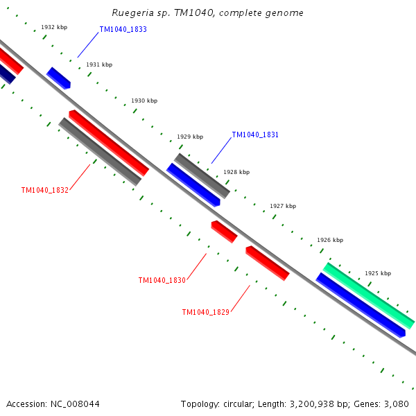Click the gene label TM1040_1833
coord(123,30)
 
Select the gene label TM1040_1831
coord(255,135)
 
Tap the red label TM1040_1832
coord(45,190)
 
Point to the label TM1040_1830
coord(162,280)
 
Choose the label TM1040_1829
coord(206,312)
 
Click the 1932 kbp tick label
coord(54,27)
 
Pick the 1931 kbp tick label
coord(99,64)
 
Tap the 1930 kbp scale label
coord(144,101)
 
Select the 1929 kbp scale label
coord(190,137)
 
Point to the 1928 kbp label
coord(236,172)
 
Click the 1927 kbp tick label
coord(283,206)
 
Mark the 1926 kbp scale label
coord(330,240)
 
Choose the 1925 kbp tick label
coord(378,273)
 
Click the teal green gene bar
coord(369,295)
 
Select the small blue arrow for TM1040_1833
coord(59,78)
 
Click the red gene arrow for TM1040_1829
coord(267,263)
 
